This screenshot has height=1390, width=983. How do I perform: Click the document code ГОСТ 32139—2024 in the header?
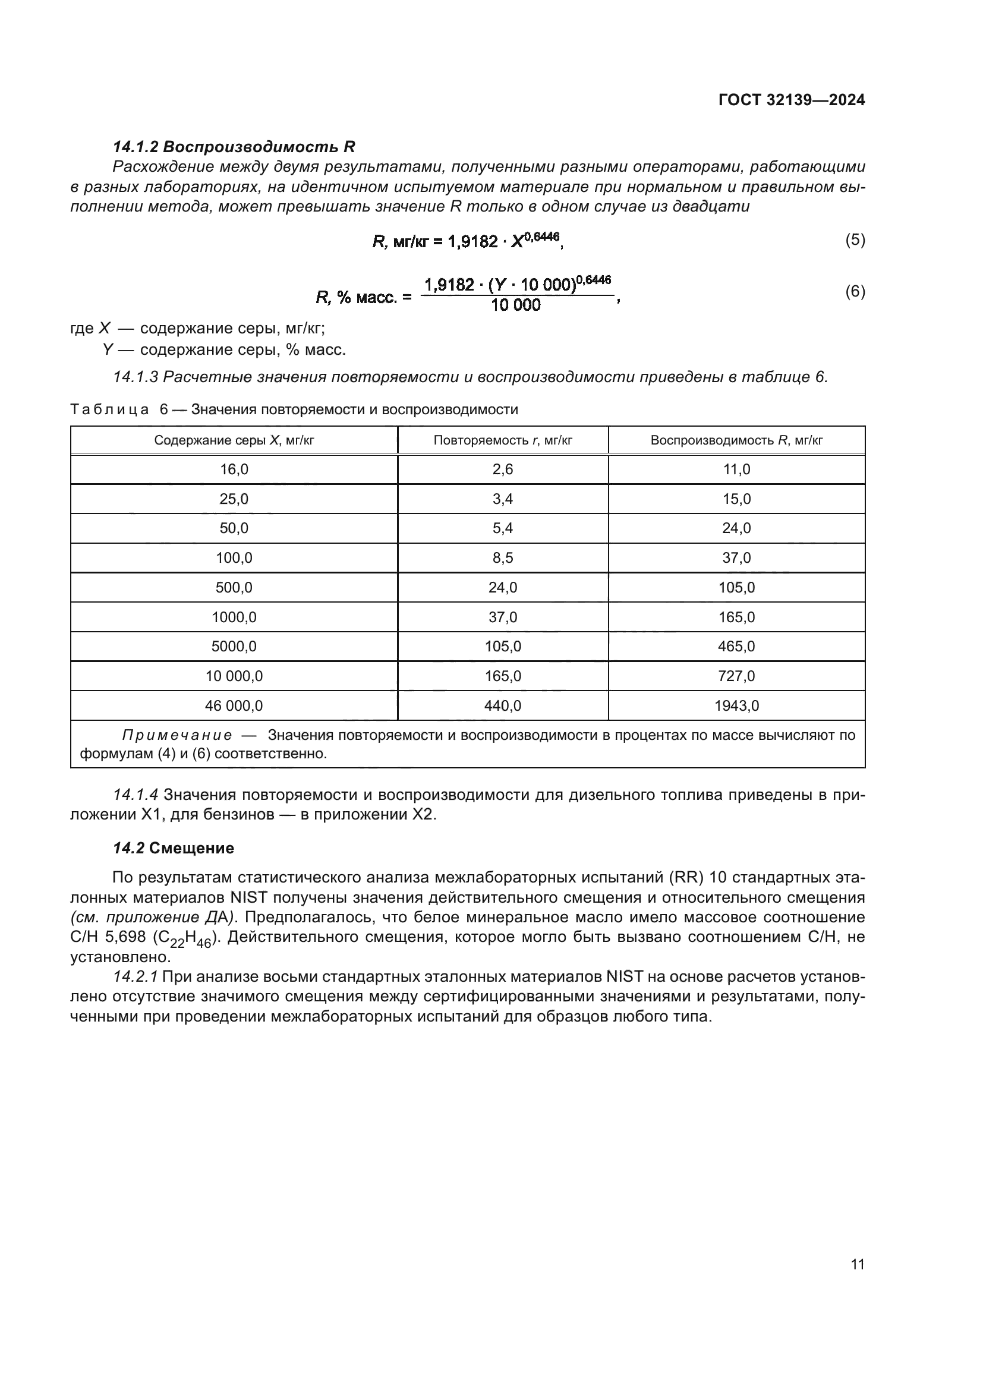point(791,100)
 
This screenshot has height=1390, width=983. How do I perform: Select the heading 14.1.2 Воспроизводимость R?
point(234,147)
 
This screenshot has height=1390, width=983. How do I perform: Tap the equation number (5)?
point(855,239)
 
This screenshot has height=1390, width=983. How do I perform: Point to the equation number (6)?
point(855,292)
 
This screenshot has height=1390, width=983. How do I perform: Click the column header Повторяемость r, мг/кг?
point(502,440)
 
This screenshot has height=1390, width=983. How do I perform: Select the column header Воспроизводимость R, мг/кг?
point(736,440)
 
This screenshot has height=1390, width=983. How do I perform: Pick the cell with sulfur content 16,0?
point(234,469)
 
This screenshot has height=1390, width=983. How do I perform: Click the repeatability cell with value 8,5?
point(502,557)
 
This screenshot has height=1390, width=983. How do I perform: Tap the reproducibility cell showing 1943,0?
point(736,705)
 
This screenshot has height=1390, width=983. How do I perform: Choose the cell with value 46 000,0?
point(234,705)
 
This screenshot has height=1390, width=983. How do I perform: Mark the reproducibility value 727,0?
point(736,676)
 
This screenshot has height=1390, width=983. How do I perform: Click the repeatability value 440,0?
point(502,705)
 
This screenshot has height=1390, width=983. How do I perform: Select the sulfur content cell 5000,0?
point(234,646)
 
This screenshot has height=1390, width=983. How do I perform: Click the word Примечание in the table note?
point(177,736)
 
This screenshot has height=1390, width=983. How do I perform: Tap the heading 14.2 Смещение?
point(173,848)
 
